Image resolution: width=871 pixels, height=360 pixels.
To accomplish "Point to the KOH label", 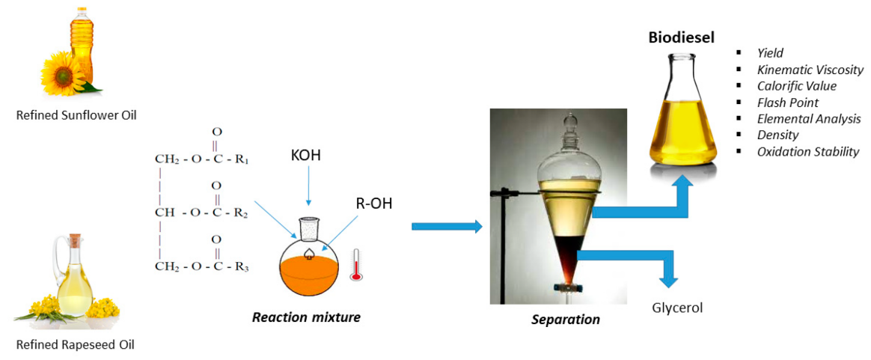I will click(x=308, y=159).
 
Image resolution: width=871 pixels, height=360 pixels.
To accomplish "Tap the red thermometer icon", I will click(x=356, y=266).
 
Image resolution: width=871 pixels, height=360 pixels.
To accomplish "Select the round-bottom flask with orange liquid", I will click(x=309, y=266).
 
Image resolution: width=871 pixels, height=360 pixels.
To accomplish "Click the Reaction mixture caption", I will click(x=306, y=317).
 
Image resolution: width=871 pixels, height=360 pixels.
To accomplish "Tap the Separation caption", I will click(x=566, y=320).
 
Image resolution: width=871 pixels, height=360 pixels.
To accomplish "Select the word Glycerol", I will click(x=677, y=308).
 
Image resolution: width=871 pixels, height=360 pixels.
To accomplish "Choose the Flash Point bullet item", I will click(x=787, y=103).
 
